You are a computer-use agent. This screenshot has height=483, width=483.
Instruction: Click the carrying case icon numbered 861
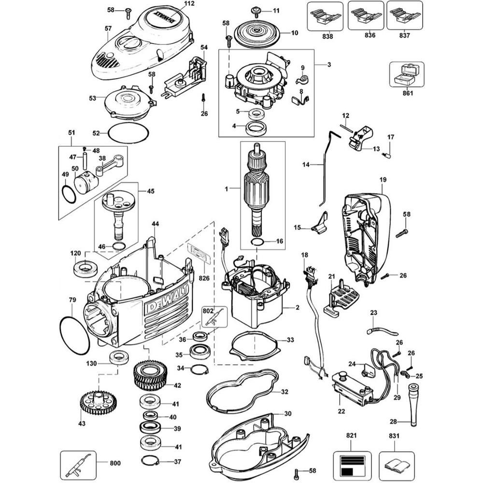(x=406, y=74)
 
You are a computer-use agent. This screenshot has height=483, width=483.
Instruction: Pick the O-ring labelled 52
(x=126, y=132)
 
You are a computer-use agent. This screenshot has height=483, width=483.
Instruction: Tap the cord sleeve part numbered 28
(x=414, y=403)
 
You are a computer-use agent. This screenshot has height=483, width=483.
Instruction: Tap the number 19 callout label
(x=383, y=180)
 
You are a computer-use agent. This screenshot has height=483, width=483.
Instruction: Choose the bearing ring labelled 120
(x=85, y=268)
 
